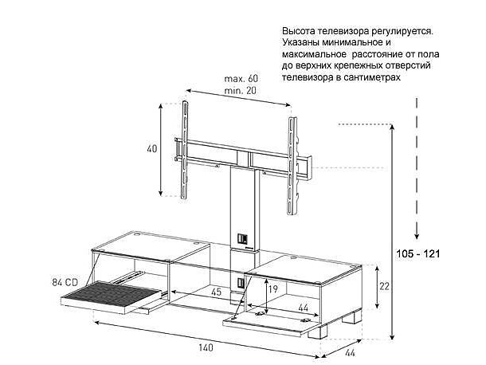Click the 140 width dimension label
pos(206,347)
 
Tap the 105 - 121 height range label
pos(418,253)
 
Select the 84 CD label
pos(65,282)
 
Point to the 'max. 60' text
pos(241,78)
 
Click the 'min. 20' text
pos(240,91)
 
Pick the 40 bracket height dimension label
pos(152,148)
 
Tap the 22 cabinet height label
pos(384,286)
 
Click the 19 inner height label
pos(272,289)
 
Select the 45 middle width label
pos(216,292)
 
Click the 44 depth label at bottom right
pos(350,352)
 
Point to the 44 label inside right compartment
pos(303,308)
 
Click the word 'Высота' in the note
pos(299,31)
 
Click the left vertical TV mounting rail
pos(185,150)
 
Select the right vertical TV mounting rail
pos(292,166)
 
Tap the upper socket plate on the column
pos(242,238)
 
